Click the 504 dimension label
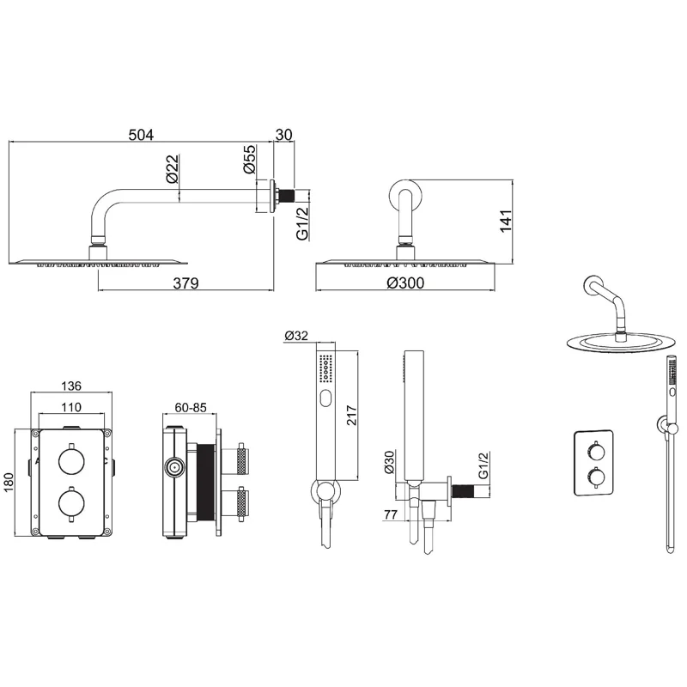click(x=141, y=135)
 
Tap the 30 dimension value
click(x=284, y=135)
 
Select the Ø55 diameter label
click(x=249, y=159)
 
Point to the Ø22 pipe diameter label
click(x=172, y=168)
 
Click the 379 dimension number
click(x=185, y=283)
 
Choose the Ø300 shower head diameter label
click(x=405, y=283)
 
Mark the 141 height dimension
click(x=506, y=222)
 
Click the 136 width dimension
click(x=71, y=386)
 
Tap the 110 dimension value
click(x=71, y=407)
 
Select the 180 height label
click(x=9, y=482)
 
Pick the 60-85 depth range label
click(x=191, y=407)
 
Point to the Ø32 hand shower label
click(x=296, y=336)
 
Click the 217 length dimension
click(x=352, y=415)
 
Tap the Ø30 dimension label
click(x=389, y=463)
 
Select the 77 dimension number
click(x=391, y=514)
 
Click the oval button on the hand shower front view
click(x=325, y=398)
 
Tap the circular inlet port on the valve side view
click(x=174, y=468)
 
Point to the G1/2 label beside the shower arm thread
click(x=302, y=223)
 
